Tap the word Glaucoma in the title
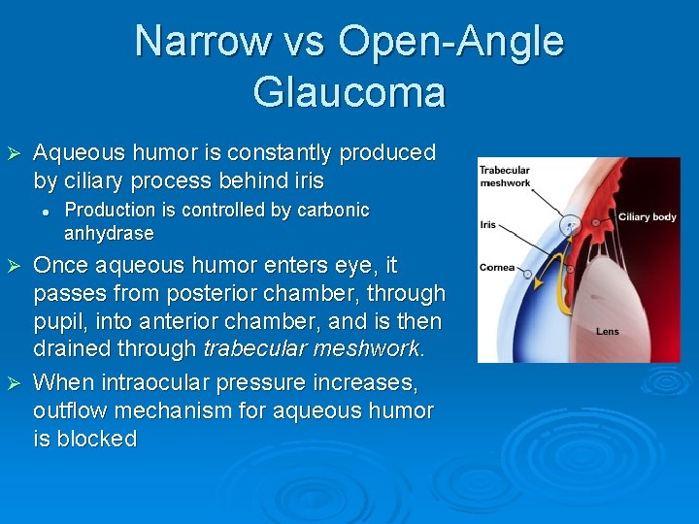coord(349,92)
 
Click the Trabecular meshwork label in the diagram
coord(504,177)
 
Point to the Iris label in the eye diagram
coord(487,224)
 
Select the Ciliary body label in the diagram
coord(647,217)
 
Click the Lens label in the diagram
coord(607,332)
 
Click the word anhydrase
coord(109,234)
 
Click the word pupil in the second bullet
coord(60,321)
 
